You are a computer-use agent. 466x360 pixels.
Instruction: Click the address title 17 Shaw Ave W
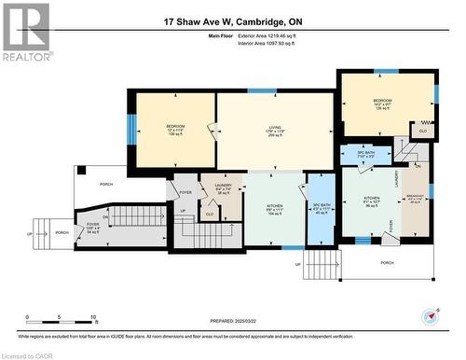pos(232,21)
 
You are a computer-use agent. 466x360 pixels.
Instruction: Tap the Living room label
pos(276,130)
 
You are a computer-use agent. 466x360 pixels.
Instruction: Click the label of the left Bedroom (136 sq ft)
pos(176,130)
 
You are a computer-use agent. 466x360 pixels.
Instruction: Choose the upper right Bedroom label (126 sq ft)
pos(383,103)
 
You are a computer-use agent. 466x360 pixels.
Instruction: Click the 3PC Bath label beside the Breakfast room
pos(365,154)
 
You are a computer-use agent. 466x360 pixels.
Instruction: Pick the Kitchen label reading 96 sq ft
pos(370,201)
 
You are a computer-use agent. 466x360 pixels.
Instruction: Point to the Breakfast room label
pos(416,198)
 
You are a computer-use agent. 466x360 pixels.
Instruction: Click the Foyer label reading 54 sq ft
pos(92,227)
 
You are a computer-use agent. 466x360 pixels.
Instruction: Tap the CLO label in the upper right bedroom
pos(422,132)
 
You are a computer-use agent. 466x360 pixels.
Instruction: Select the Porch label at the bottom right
pos(387,262)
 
